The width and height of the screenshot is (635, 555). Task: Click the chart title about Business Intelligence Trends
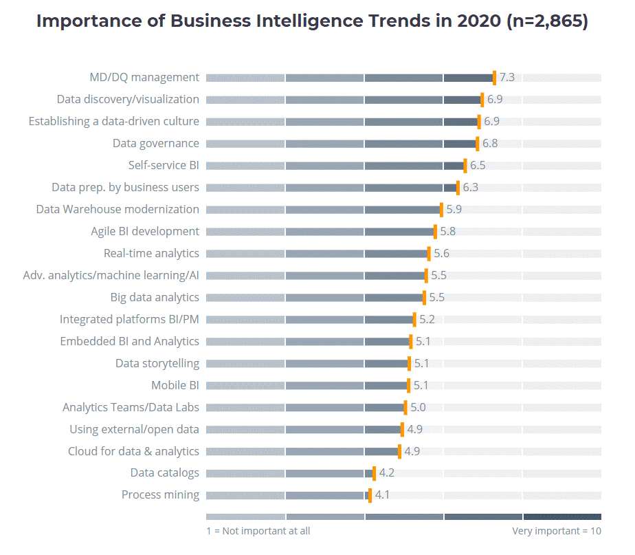point(312,21)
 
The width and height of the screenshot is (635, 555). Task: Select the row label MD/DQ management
point(144,77)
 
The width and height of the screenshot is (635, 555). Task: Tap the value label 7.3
point(507,77)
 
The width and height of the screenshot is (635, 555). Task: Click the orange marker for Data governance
point(477,143)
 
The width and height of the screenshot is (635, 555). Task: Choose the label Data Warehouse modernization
point(118,209)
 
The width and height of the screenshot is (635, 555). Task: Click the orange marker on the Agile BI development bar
point(435,231)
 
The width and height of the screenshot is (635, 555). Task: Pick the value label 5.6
point(441,253)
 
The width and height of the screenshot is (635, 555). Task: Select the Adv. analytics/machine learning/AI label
point(111,275)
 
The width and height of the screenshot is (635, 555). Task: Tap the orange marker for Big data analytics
point(424,297)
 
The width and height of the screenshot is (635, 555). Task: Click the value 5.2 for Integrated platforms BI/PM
point(427,319)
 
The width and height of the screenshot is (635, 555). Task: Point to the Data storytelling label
point(157,363)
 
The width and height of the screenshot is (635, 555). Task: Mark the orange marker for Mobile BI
point(408,385)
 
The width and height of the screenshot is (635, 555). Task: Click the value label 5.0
point(418,407)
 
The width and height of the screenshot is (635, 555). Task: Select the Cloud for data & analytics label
point(133,451)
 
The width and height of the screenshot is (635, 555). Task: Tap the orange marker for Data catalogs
point(374,473)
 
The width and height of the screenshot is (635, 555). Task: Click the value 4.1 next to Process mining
point(382,495)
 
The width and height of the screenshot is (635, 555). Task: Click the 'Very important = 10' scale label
point(556,531)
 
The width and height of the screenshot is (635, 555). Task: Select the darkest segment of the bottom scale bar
point(562,516)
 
